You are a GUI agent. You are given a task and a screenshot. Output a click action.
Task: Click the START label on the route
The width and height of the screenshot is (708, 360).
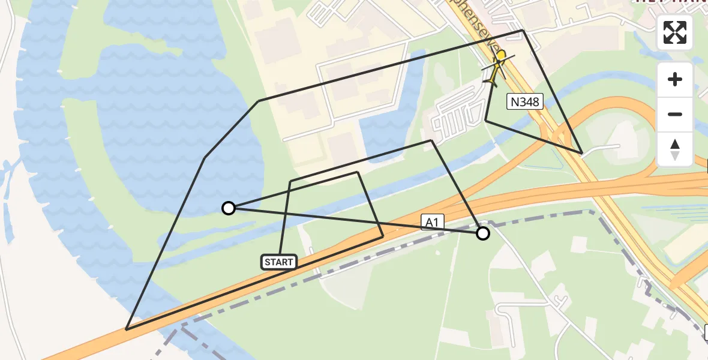(279, 262)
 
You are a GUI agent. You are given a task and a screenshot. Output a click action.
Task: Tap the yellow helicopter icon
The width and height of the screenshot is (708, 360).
(497, 67)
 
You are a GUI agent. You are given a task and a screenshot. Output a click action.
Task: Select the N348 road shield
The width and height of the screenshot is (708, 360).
(524, 101)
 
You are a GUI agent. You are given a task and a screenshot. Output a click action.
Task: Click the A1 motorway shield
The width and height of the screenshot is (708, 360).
(433, 222)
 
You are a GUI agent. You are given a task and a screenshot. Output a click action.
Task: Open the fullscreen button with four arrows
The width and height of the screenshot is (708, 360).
(675, 32)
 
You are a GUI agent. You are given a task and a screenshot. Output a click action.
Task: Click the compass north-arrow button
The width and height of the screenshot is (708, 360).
(675, 149)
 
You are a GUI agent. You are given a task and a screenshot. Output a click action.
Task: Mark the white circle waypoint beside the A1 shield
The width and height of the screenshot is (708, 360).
(483, 233)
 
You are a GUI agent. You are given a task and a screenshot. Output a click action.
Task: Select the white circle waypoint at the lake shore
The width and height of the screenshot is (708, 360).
(228, 208)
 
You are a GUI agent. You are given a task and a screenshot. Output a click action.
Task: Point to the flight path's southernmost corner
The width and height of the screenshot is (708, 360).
(127, 329)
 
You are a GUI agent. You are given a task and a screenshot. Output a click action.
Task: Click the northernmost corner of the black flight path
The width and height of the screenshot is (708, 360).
(523, 30)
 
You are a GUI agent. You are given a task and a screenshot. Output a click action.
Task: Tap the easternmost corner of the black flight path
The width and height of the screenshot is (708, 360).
(581, 153)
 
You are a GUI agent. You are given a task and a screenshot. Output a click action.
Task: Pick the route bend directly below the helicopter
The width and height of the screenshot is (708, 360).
(485, 121)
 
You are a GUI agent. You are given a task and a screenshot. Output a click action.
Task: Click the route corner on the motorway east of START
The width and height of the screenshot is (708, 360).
(383, 237)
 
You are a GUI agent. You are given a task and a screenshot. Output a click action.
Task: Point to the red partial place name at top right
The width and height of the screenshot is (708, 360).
(672, 2)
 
